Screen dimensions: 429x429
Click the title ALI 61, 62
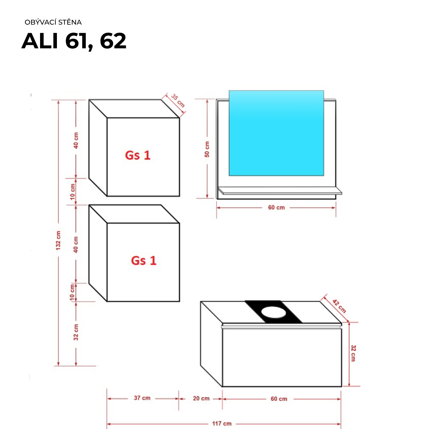pos(74,41)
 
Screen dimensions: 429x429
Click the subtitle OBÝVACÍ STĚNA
pos(53,22)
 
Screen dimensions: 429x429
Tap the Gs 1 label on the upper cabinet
pos(138,155)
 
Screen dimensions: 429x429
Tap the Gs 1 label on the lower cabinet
pos(144,261)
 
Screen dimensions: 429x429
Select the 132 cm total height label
pos(58,241)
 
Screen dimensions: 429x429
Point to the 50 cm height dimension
pos(207,149)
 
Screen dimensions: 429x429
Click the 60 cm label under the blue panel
pos(276,208)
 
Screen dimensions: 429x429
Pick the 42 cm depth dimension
pos(339,306)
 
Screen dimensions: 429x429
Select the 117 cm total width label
pos(222,424)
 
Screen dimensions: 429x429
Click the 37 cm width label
pos(142,398)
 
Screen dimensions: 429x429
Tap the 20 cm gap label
pos(201,398)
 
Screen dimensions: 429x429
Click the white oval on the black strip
pos(273,312)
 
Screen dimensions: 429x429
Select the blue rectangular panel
pos(276,133)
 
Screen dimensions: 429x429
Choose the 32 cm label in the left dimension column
pos(76,332)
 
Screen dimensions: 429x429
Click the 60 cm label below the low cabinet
pos(279,399)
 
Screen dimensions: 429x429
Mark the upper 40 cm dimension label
pos(76,140)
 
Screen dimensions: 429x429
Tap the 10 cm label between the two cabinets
pos(73,192)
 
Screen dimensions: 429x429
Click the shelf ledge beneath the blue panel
pos(280,190)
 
